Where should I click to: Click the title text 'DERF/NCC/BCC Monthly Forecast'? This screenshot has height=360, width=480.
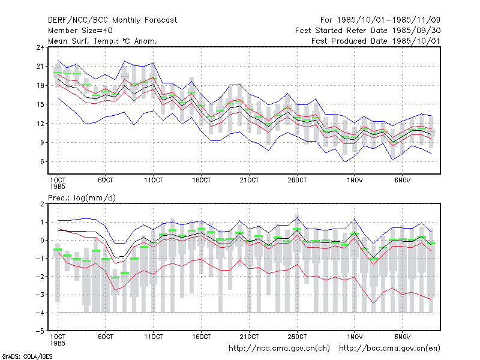(x=112, y=20)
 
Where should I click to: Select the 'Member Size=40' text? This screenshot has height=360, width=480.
(x=80, y=31)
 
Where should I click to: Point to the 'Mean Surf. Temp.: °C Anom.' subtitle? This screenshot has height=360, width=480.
(x=102, y=41)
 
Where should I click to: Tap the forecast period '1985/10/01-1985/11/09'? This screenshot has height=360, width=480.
(x=388, y=20)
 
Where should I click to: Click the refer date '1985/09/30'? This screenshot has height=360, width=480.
(x=416, y=31)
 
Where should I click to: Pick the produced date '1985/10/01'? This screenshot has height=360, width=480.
(x=416, y=41)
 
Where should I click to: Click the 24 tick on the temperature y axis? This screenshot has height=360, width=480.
(x=40, y=47)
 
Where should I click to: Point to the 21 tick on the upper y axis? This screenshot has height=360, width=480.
(x=40, y=67)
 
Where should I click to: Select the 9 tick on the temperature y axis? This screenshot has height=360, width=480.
(x=42, y=143)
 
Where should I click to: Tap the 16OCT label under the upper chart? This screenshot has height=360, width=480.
(x=201, y=180)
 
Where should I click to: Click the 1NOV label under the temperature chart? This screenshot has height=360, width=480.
(x=355, y=180)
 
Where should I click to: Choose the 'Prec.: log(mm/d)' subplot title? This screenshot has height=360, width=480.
(x=82, y=198)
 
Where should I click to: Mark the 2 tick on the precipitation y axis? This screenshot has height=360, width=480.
(x=42, y=204)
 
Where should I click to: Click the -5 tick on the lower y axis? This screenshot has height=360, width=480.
(x=40, y=331)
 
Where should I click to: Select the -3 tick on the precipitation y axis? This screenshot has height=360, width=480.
(x=40, y=295)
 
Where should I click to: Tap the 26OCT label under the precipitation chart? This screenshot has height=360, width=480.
(x=297, y=337)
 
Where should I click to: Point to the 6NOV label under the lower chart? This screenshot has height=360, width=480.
(x=402, y=337)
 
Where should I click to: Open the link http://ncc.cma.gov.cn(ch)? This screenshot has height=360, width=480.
(x=279, y=349)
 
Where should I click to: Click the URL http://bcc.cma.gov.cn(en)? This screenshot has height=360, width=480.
(x=389, y=349)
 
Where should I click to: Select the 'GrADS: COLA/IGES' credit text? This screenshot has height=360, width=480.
(x=27, y=356)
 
